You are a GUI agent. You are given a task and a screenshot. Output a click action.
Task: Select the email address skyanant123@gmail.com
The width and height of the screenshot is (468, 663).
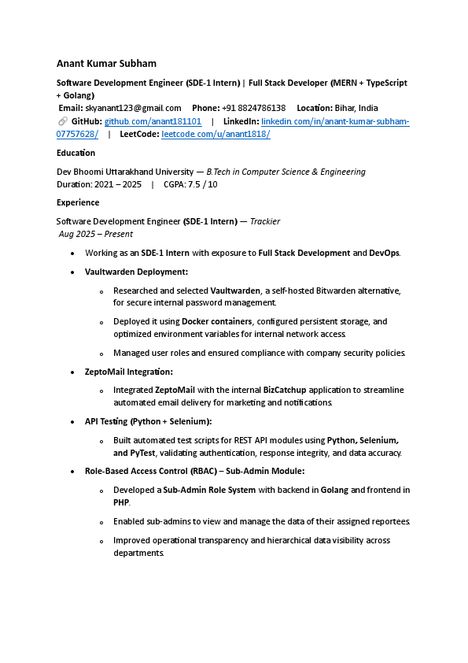tap(133, 108)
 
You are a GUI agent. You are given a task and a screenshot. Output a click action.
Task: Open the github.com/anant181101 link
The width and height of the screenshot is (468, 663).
tap(153, 121)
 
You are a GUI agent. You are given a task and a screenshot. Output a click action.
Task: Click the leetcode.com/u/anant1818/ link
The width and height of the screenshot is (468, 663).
tap(216, 135)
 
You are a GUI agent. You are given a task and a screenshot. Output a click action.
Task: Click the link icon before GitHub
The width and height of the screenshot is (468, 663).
tap(62, 121)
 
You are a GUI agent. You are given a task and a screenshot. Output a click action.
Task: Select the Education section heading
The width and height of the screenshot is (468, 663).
tap(76, 154)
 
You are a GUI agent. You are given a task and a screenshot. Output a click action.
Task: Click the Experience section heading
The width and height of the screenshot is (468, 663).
tap(78, 203)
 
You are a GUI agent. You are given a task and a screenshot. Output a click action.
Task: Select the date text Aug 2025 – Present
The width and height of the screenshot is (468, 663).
tap(96, 234)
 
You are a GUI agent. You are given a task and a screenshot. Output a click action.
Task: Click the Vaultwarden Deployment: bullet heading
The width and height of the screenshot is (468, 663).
tap(136, 272)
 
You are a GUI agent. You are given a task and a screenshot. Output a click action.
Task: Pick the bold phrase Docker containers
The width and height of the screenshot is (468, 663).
tap(213, 321)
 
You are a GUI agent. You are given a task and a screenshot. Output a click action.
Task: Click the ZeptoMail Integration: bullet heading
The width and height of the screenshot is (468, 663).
tap(129, 372)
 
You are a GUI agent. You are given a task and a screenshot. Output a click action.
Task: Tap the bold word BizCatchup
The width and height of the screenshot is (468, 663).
tap(285, 390)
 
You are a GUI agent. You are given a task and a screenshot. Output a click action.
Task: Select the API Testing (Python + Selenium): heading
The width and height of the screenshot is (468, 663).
tap(148, 421)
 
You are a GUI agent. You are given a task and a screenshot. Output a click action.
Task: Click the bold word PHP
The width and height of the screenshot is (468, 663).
tap(121, 502)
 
